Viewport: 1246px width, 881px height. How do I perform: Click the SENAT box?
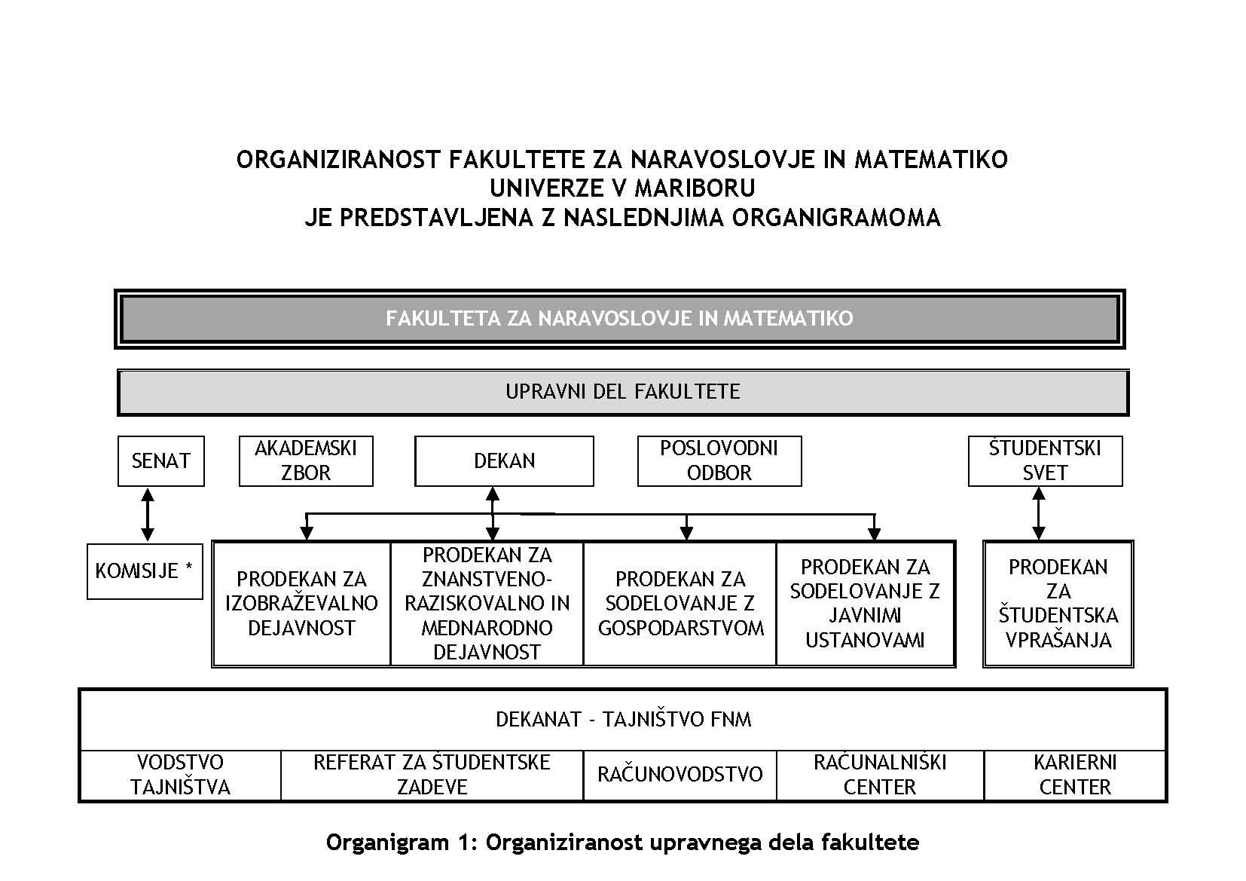pyautogui.click(x=160, y=460)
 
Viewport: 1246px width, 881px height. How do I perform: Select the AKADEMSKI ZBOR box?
pyautogui.click(x=305, y=460)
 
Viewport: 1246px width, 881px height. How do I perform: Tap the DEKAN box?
pyautogui.click(x=504, y=460)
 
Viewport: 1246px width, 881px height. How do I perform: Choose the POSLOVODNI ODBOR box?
pyautogui.click(x=719, y=460)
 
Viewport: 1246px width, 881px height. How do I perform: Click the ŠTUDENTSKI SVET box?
pyautogui.click(x=1045, y=460)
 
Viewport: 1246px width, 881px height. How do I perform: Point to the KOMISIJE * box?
pyautogui.click(x=145, y=571)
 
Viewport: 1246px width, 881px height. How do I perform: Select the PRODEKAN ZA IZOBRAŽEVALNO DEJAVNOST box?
pyautogui.click(x=301, y=603)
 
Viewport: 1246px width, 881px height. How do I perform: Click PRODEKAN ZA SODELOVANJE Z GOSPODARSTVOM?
pyautogui.click(x=680, y=603)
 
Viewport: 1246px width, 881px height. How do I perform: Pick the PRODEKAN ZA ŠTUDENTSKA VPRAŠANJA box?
pyautogui.click(x=1058, y=603)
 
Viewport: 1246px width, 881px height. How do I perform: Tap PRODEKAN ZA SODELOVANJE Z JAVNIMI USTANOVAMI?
pyautogui.click(x=865, y=603)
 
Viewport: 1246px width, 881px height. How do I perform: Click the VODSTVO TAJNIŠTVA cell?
pyautogui.click(x=180, y=775)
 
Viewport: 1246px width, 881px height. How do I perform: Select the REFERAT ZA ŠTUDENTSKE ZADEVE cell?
pyautogui.click(x=432, y=775)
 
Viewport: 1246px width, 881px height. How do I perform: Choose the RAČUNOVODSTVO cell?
pyautogui.click(x=679, y=775)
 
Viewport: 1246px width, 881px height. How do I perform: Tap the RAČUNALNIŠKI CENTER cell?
pyautogui.click(x=879, y=775)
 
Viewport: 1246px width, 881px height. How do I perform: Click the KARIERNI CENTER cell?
pyautogui.click(x=1075, y=775)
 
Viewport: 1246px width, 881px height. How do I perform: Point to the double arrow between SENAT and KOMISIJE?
pyautogui.click(x=148, y=515)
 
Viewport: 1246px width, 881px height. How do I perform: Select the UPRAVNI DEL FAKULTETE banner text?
pyautogui.click(x=622, y=392)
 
